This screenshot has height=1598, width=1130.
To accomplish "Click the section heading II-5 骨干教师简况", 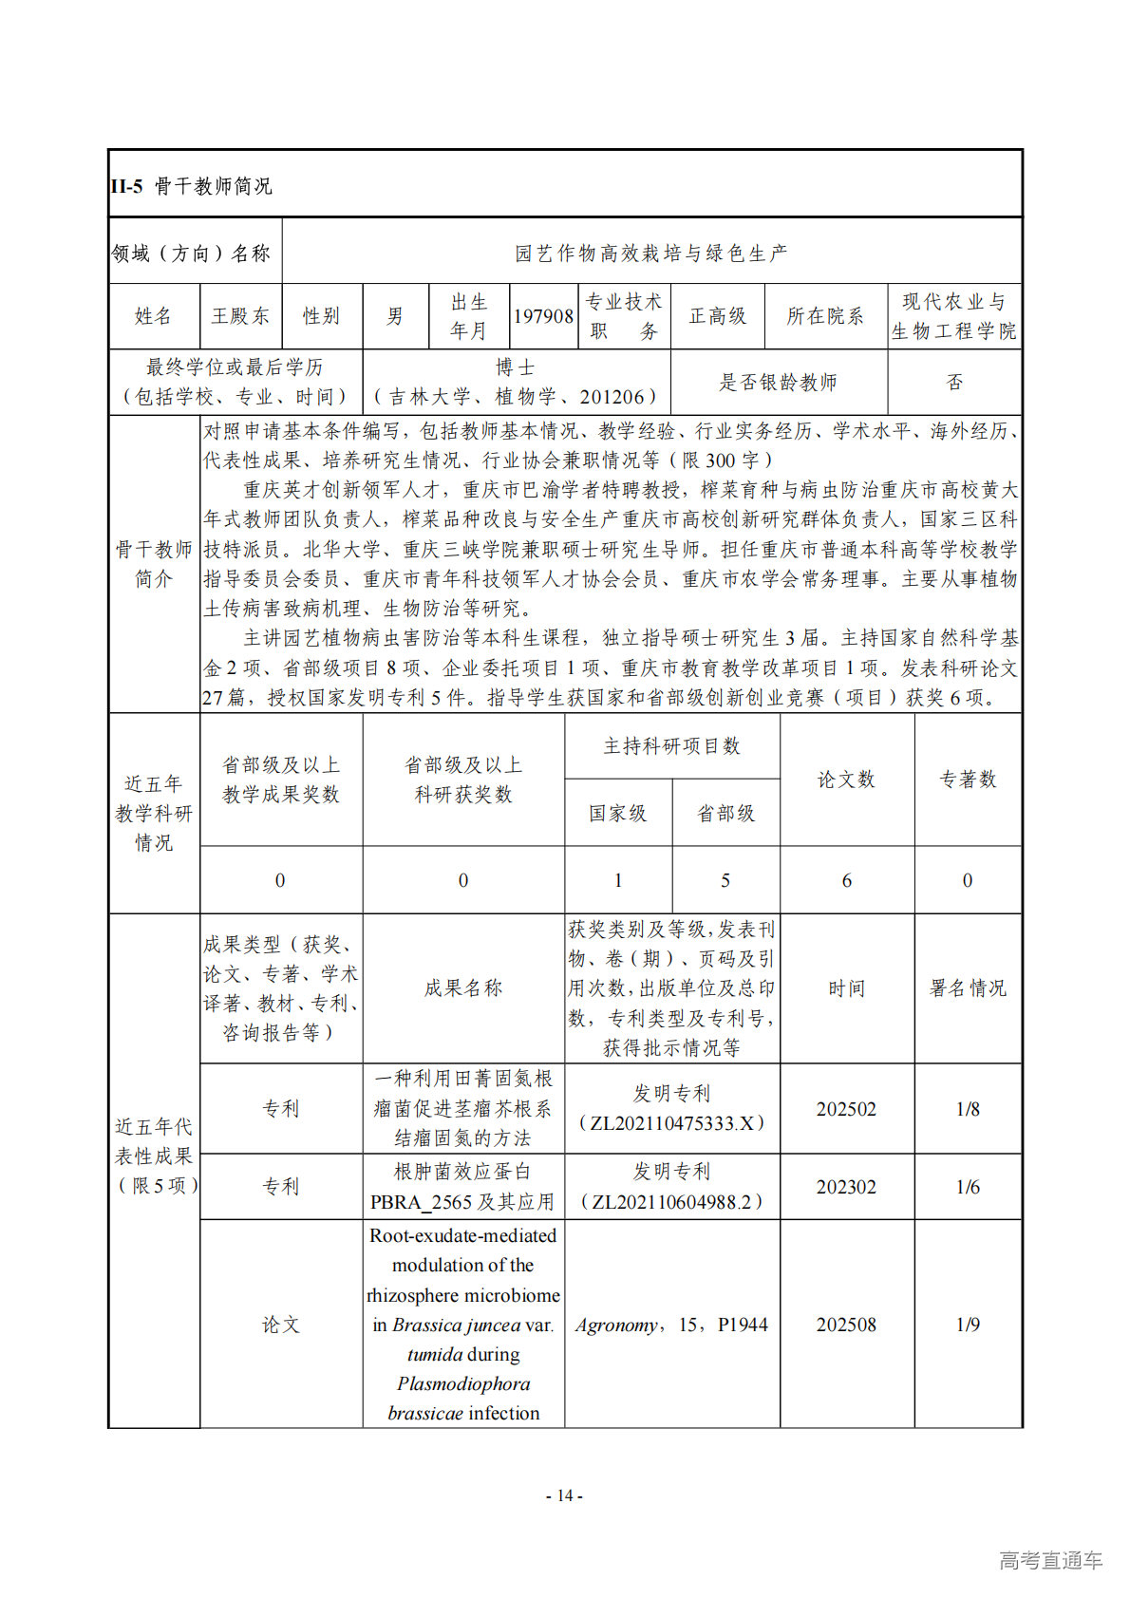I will pos(191,185).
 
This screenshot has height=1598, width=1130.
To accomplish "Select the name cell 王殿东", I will pos(240,316).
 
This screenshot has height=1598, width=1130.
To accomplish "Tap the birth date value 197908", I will pos(543,316).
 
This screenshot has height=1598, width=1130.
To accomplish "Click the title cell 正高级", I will pos(717,316).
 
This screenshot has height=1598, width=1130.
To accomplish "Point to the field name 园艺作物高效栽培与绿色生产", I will pos(650,253).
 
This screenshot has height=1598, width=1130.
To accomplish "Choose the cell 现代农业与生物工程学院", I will pos(953,316).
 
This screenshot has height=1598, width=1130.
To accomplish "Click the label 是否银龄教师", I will pos(778,382).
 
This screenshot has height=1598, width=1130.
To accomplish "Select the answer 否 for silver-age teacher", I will pos(953,382).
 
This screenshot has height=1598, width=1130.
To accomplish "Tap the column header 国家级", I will pos(617,813).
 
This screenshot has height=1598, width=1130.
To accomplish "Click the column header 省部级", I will pos(725,813).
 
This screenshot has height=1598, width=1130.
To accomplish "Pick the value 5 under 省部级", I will pos(725,880).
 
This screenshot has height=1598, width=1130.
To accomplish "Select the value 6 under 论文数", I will pos(846,880).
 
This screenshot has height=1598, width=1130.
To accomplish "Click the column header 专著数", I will pos(967,780).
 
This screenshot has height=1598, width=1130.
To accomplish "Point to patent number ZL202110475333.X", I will pos(671,1123).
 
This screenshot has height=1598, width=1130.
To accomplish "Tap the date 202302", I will pos(846,1187).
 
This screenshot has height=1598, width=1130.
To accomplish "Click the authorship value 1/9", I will pos(967,1325).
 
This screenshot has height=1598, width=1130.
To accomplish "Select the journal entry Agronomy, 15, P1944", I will pos(671,1325).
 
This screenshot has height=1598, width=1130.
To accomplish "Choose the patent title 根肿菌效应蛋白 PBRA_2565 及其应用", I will pos(462,1187).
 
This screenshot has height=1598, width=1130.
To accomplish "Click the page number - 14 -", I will pos(564,1495).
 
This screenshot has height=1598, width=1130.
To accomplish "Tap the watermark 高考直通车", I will pos(1050,1560).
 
